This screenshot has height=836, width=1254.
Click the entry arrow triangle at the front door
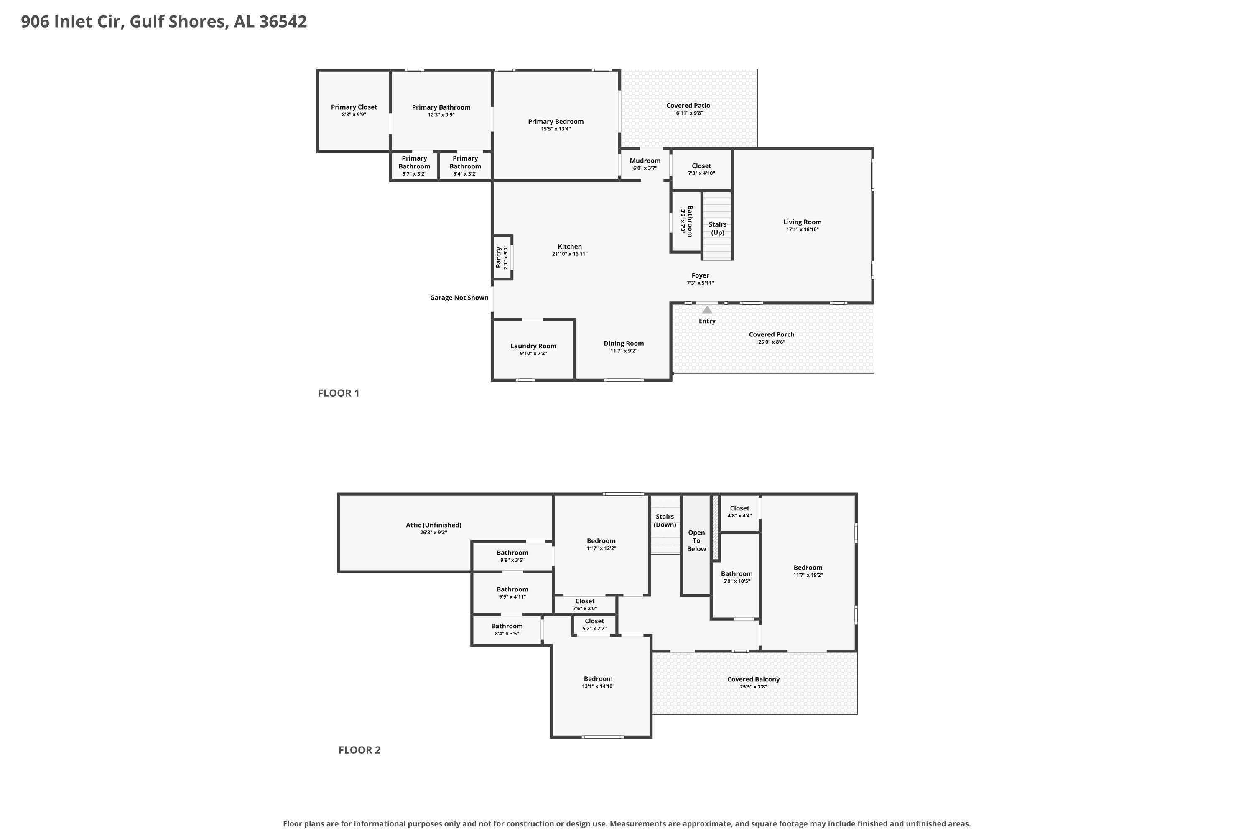tap(707, 310)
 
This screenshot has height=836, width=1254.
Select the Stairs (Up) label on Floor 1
tap(718, 229)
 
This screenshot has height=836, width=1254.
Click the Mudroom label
tap(645, 161)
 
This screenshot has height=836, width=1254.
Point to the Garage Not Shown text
tap(459, 298)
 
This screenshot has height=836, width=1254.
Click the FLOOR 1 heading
tap(339, 393)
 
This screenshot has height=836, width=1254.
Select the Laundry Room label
tap(533, 346)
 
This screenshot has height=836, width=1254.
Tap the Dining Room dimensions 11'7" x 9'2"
tap(624, 351)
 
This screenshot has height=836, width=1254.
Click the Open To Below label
tap(696, 540)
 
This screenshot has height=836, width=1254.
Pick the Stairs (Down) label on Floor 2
tap(665, 520)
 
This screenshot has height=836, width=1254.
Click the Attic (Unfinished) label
tap(433, 525)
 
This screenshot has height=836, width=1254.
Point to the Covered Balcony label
tap(753, 679)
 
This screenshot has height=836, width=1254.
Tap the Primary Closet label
tap(354, 107)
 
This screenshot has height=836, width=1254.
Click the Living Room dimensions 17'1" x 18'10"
tap(803, 230)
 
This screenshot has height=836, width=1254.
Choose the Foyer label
tap(700, 275)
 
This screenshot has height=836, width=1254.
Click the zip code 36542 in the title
tap(283, 21)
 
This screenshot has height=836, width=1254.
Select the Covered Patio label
tap(688, 106)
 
